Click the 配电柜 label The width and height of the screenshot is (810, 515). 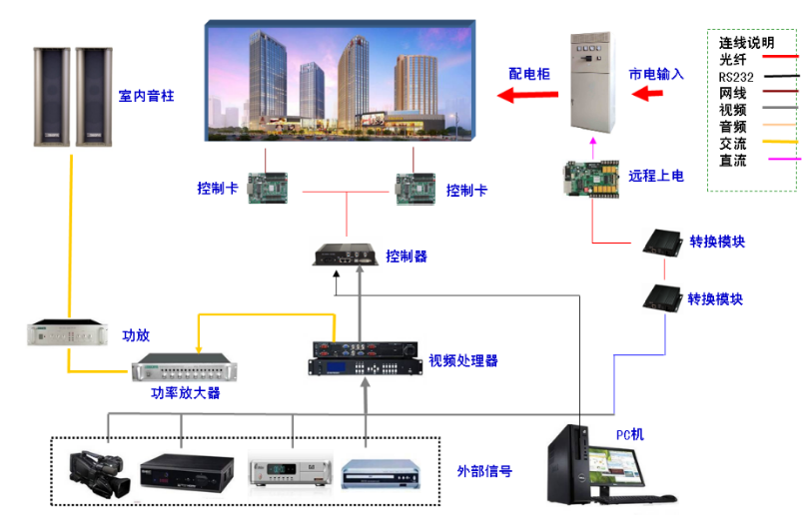pyautogui.click(x=529, y=74)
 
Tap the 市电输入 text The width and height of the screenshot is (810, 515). pyautogui.click(x=656, y=74)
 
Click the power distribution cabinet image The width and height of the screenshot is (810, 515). pyautogui.click(x=592, y=83)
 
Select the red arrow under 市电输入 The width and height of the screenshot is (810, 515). pyautogui.click(x=647, y=94)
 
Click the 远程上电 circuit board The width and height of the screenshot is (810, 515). pyautogui.click(x=591, y=179)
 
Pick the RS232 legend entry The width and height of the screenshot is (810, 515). pyautogui.click(x=736, y=77)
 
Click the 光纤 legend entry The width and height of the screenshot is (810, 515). pyautogui.click(x=732, y=59)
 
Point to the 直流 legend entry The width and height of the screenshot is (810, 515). pyautogui.click(x=732, y=160)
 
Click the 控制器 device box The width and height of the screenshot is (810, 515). pyautogui.click(x=346, y=255)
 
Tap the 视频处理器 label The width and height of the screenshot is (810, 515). pyautogui.click(x=462, y=360)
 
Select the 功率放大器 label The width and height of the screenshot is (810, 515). pyautogui.click(x=186, y=392)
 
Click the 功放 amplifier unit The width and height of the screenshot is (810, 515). pyautogui.click(x=68, y=332)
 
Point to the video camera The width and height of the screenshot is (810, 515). pyautogui.click(x=99, y=474)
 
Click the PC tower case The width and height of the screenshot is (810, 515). pyautogui.click(x=568, y=463)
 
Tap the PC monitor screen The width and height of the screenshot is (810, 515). pyautogui.click(x=616, y=466)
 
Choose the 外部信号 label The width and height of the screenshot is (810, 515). pyautogui.click(x=484, y=471)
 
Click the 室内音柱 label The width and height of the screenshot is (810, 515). pyautogui.click(x=146, y=96)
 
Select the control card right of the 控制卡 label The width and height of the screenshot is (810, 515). pyautogui.click(x=268, y=188)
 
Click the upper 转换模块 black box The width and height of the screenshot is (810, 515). pyautogui.click(x=663, y=243)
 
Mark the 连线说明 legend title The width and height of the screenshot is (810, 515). pyautogui.click(x=746, y=42)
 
